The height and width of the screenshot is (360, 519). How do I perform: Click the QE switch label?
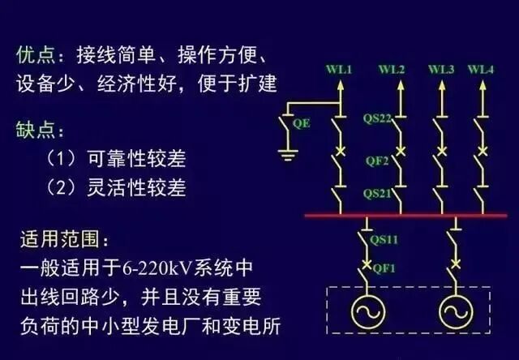301,123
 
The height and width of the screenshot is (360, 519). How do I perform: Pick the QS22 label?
378,119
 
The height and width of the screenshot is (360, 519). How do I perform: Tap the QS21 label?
377,195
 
